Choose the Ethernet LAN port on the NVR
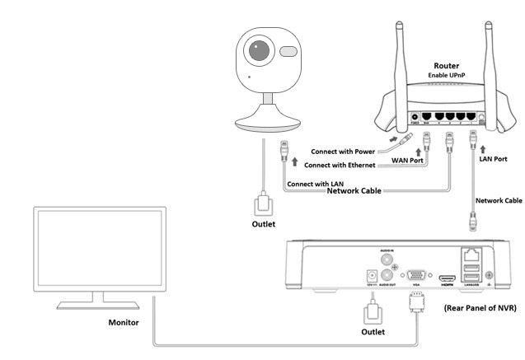point(474,255)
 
